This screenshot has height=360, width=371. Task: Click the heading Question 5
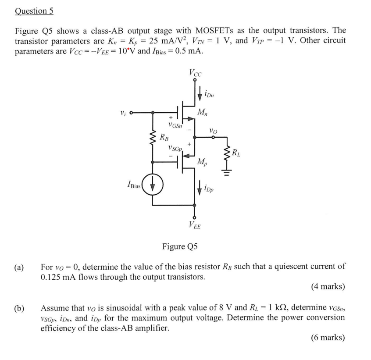pos(34,11)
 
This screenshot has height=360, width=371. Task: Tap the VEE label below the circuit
pos(195,225)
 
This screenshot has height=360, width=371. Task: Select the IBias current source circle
pos(153,184)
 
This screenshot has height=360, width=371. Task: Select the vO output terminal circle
pos(214,137)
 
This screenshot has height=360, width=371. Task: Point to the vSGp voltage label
pos(175,149)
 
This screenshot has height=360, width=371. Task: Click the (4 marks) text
pos(328,286)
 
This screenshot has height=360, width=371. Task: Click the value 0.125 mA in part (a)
pos(59,277)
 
